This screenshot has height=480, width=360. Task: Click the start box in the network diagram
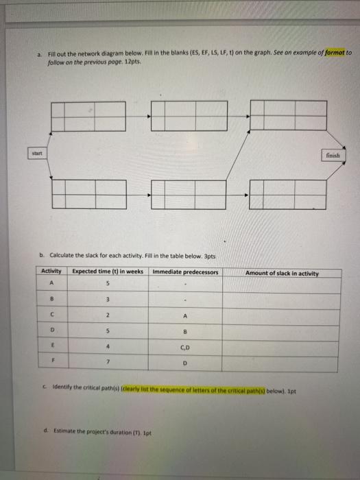point(36,154)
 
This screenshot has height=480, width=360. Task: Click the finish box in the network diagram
point(333,155)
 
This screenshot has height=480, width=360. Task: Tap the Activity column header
point(51,272)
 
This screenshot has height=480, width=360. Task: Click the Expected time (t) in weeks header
point(108,272)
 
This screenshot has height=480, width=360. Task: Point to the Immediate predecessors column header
point(185,272)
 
